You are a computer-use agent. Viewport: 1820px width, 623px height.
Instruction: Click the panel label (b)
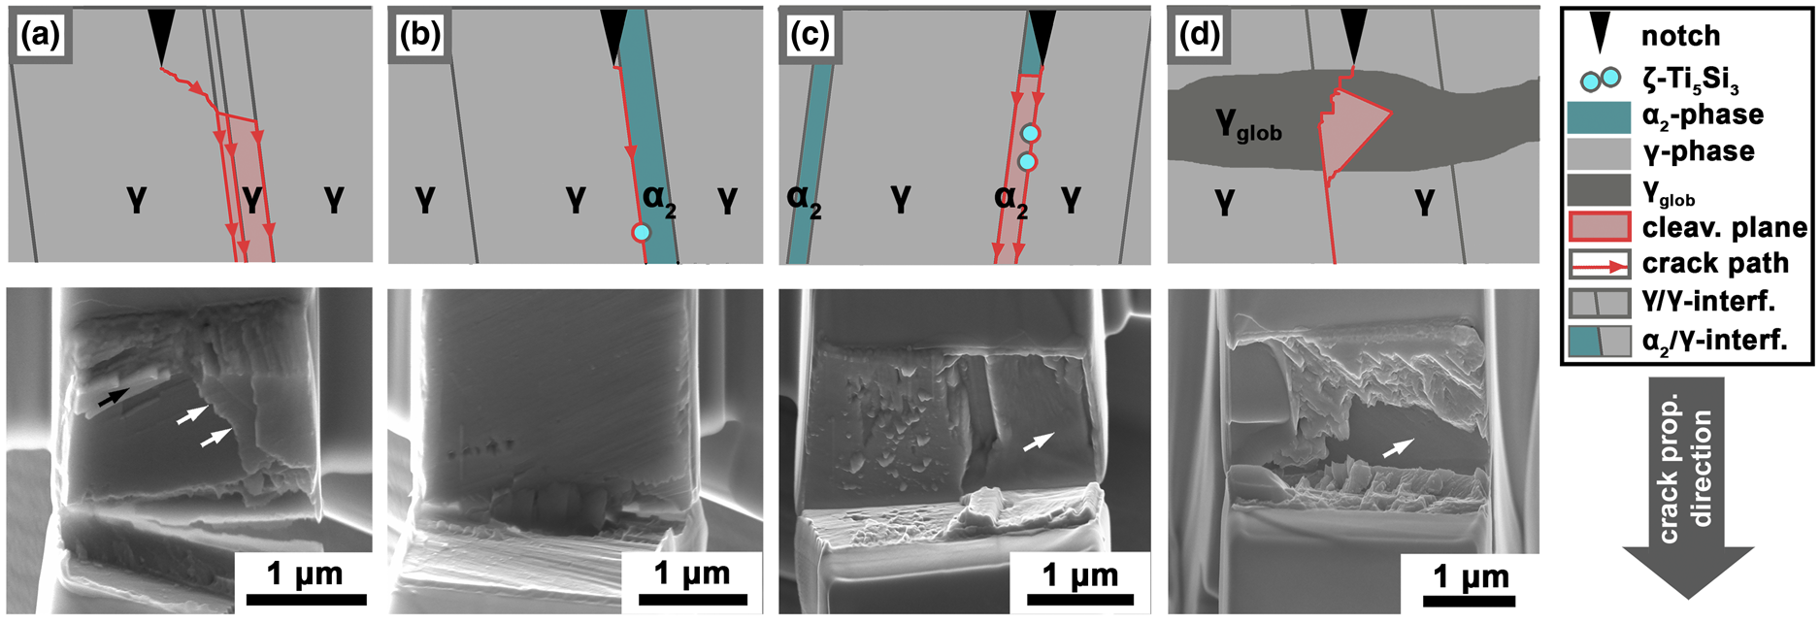(x=419, y=36)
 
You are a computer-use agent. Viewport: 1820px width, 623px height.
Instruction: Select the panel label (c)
(x=810, y=36)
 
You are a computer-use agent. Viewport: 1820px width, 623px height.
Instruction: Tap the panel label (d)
(x=1198, y=36)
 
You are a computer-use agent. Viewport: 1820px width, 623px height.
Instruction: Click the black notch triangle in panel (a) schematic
(x=161, y=35)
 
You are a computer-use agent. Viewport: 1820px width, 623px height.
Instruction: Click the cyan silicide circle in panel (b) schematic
(x=641, y=233)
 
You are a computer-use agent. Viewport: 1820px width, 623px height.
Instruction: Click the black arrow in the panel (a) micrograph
(x=112, y=396)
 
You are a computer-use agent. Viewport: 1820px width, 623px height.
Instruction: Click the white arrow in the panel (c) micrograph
(x=1037, y=442)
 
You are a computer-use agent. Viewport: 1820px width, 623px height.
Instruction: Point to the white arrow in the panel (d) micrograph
(x=1398, y=446)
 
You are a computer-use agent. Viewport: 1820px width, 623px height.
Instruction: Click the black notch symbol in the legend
(x=1599, y=35)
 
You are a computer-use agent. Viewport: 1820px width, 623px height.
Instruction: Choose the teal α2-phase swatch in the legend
(x=1599, y=115)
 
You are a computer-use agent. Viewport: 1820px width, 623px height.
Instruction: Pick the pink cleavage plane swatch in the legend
(x=1599, y=227)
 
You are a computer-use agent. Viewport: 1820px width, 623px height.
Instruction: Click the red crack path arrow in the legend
(x=1599, y=264)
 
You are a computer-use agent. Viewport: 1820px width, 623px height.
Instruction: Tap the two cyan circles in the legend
(x=1599, y=78)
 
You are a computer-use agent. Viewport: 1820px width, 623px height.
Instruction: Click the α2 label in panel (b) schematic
(x=659, y=200)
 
